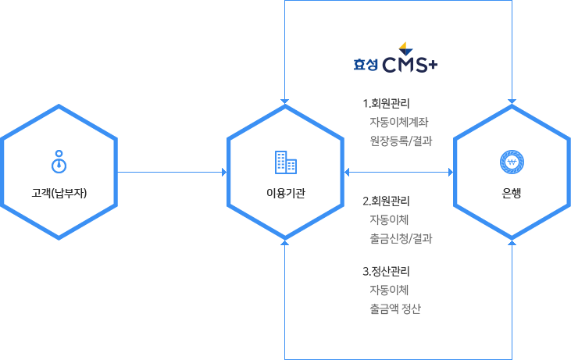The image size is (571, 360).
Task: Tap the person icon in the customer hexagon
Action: pos(59,160)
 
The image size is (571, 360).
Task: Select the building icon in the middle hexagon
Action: pos(285,162)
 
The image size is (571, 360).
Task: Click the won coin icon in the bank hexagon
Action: pos(512,162)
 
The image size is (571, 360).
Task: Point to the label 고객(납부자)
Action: pos(59,193)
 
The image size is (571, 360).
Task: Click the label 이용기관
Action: pos(285,193)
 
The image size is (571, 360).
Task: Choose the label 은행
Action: pos(512,193)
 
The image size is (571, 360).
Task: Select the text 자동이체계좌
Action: pos(398,122)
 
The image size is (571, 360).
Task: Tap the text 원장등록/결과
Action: pos(401,141)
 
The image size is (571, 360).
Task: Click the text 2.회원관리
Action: pos(387,201)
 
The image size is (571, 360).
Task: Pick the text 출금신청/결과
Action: pos(401,237)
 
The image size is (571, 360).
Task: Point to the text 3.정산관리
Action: pos(387,272)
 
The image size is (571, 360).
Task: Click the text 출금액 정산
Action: pos(395,308)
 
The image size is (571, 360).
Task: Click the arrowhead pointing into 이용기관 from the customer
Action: pos(223,171)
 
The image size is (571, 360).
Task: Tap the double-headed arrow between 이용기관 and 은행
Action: pos(398,171)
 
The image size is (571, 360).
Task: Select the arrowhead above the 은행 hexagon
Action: pos(512,102)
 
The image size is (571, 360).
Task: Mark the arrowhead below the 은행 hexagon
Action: pos(512,243)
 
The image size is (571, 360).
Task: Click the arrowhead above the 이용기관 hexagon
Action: pos(285,102)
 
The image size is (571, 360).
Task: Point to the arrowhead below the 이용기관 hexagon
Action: pos(285,243)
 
